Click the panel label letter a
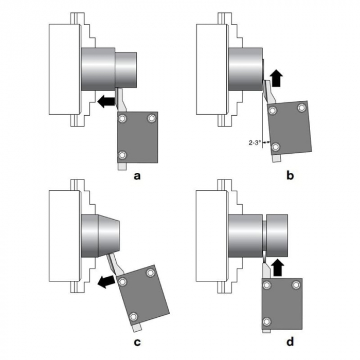click(x=137, y=176)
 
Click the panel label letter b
click(x=290, y=176)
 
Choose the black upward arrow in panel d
click(x=278, y=267)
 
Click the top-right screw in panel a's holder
click(x=151, y=119)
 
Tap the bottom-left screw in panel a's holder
click(x=122, y=155)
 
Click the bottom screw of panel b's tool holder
click(x=276, y=148)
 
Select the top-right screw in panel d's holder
click(x=295, y=285)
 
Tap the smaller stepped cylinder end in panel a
click(x=125, y=69)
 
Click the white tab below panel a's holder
click(x=122, y=167)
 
